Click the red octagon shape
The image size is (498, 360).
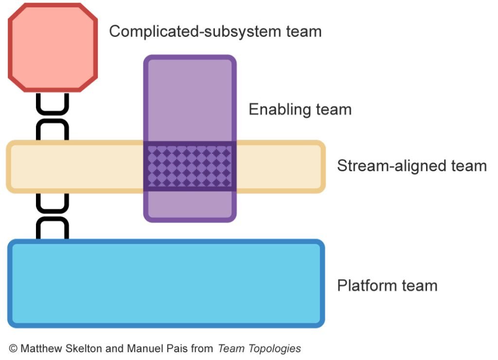(x=53, y=47)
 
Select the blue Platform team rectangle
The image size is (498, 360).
(x=166, y=283)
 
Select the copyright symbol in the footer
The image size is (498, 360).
(x=13, y=348)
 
